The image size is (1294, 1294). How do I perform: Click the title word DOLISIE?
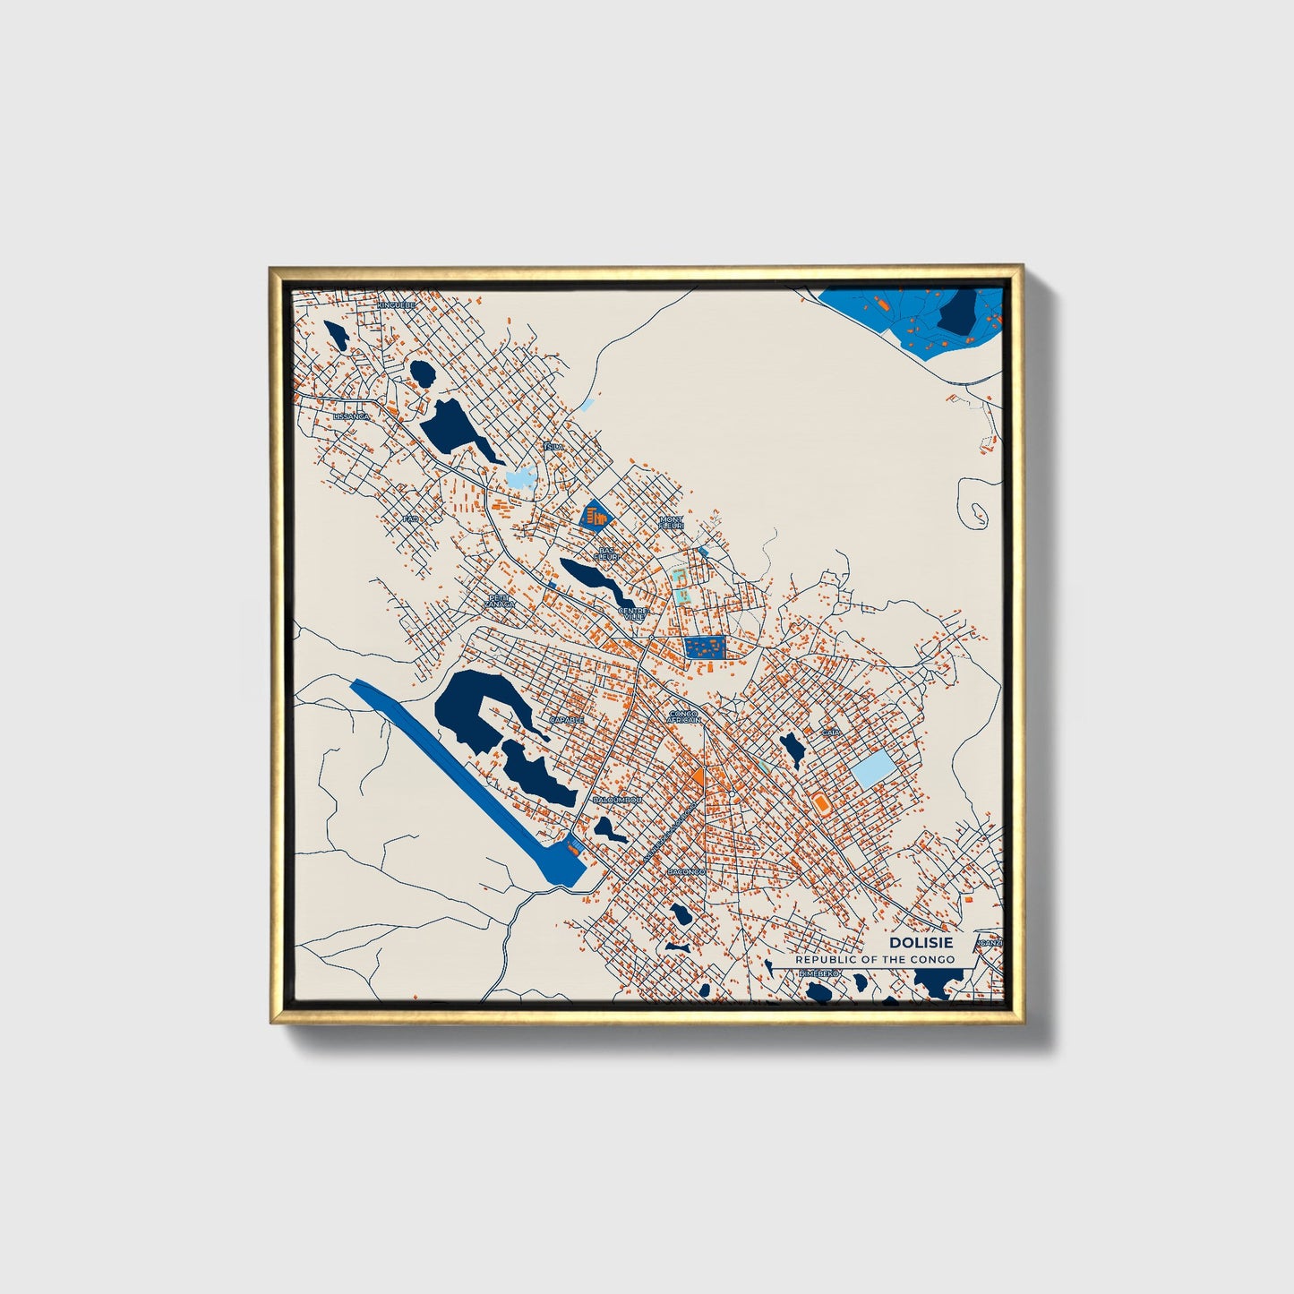click(921, 943)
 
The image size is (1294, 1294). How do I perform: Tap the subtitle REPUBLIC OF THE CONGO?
click(875, 959)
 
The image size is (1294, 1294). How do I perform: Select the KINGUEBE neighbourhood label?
click(396, 305)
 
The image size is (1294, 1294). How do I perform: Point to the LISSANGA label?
click(350, 417)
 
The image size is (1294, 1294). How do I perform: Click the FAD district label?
click(411, 518)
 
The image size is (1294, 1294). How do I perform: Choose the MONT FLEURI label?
click(671, 522)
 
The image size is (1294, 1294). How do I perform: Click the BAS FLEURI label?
click(608, 553)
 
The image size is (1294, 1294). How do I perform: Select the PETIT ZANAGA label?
click(500, 602)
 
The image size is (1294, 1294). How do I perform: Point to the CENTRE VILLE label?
click(632, 614)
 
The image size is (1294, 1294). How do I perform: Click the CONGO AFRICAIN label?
click(684, 716)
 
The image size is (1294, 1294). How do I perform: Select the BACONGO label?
click(686, 871)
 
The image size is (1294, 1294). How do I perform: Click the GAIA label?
click(831, 733)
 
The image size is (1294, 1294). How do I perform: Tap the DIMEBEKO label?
click(818, 973)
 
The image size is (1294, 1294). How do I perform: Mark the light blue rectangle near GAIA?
click(872, 768)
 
